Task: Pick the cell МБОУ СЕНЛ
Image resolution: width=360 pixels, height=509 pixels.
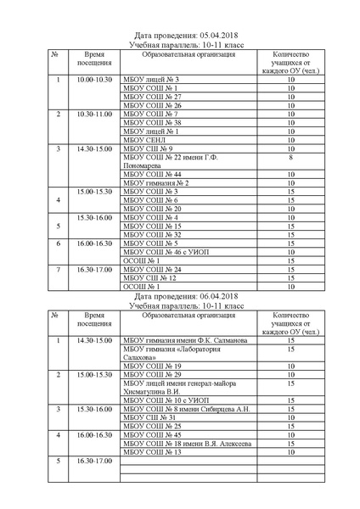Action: pyautogui.click(x=144, y=140)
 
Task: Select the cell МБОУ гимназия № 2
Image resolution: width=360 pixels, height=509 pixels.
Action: pyautogui.click(x=156, y=183)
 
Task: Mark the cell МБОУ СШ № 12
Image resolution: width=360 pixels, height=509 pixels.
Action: pyautogui.click(x=150, y=278)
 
